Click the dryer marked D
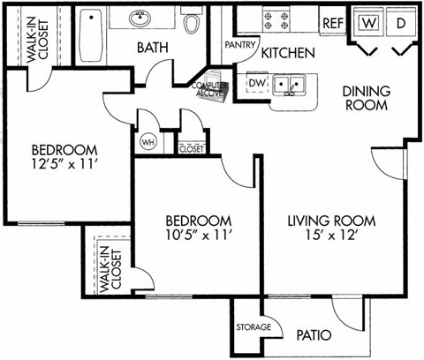point(399,21)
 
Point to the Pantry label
point(240,44)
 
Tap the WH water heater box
point(146,141)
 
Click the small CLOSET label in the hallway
point(191,149)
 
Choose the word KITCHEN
point(288,53)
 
